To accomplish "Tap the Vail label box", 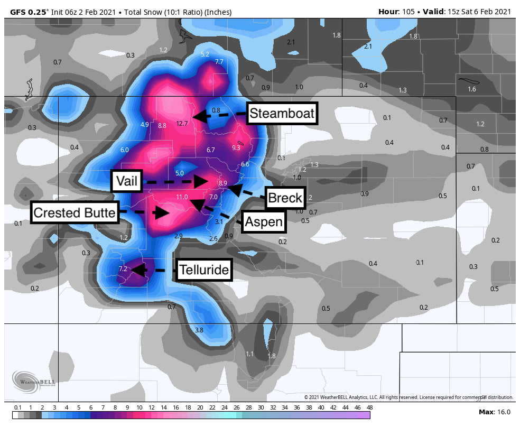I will point(126,182).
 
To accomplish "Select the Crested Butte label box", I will point(74,213).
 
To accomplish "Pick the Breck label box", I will point(285,198).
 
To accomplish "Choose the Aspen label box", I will point(264,221).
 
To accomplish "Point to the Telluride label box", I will point(204,270).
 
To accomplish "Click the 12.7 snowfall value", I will point(182,124).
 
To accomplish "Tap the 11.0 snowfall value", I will point(182,197).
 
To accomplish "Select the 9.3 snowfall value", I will point(236,148).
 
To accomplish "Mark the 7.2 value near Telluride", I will point(123,269).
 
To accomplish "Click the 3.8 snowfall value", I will point(199,330).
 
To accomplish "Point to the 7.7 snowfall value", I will point(219,62).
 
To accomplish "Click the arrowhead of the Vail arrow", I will point(201,182).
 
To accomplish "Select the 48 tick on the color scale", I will point(369,408).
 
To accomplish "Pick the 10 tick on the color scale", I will point(139,408).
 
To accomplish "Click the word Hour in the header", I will point(388,12).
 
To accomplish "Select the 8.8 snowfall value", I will point(162,126).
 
